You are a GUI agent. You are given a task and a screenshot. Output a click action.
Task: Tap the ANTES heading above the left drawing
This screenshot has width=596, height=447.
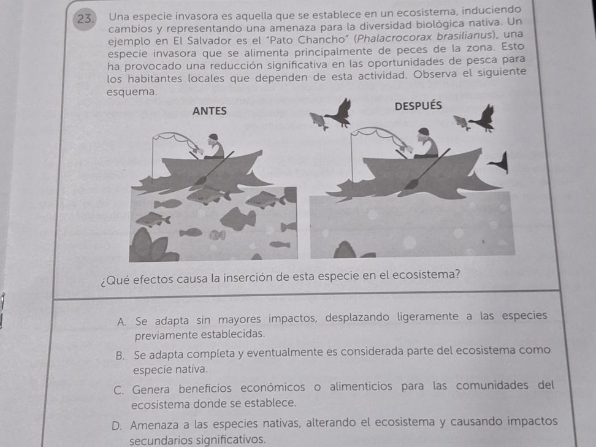[210, 111]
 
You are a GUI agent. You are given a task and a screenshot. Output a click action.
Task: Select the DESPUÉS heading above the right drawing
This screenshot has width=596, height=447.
[418, 105]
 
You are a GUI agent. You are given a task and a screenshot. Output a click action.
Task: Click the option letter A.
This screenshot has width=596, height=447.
[120, 316]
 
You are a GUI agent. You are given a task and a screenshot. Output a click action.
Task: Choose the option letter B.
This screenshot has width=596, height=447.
[120, 351]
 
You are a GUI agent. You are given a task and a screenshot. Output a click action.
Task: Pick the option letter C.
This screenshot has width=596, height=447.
[120, 386]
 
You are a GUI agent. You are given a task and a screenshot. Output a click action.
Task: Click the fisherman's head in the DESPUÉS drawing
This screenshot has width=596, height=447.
[424, 132]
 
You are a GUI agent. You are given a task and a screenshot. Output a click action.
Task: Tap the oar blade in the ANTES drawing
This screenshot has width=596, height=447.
[200, 180]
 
